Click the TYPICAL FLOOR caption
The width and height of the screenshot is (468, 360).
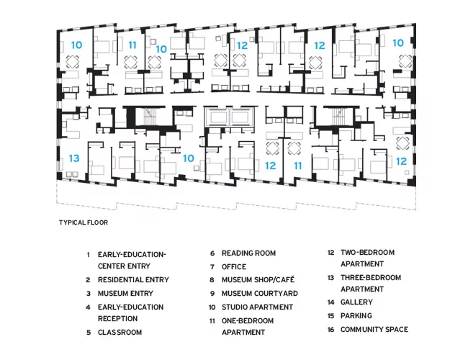[x=84, y=222]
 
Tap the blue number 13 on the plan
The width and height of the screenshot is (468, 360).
[x=74, y=158]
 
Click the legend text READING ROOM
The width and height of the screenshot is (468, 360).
[x=248, y=253]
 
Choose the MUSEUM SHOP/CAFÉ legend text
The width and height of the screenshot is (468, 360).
[x=258, y=279]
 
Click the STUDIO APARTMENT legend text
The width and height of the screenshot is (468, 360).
[x=257, y=307]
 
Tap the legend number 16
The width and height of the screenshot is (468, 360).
[x=330, y=330]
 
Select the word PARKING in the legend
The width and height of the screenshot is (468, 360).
[x=356, y=316]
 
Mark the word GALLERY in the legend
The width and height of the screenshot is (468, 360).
[x=356, y=302]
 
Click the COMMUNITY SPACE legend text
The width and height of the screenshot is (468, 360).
[x=374, y=330]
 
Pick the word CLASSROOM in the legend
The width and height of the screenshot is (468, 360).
[x=120, y=332]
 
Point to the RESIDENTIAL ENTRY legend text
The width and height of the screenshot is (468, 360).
[x=133, y=279]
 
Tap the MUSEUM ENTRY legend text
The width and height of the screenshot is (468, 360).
[x=125, y=294]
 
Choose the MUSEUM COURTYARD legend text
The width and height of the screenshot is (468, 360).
[x=260, y=294]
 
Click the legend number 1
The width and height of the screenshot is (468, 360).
[x=88, y=255]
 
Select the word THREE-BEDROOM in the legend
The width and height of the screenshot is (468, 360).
[x=371, y=278]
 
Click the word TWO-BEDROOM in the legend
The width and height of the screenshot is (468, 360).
[x=367, y=253]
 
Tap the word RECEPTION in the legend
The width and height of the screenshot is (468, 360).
[x=117, y=318]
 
